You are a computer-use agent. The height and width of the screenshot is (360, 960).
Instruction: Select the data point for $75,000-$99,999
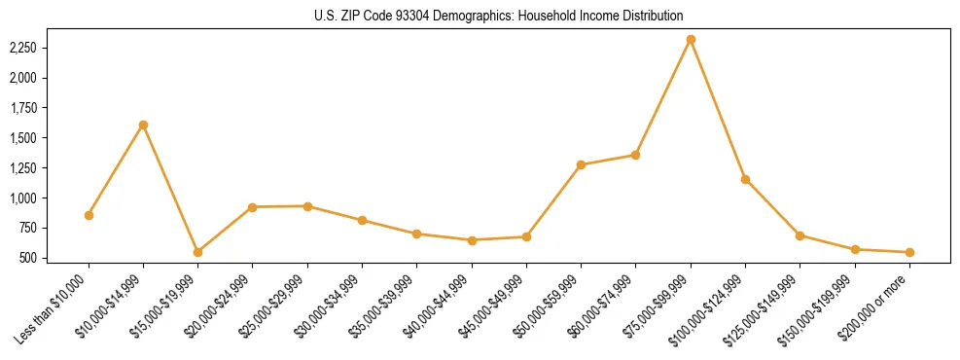click(x=691, y=40)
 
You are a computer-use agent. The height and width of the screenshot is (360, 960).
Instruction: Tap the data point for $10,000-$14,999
click(x=143, y=125)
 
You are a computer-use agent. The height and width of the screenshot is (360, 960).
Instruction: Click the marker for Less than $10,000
click(x=89, y=215)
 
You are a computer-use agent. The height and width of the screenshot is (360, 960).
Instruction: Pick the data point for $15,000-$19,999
click(x=197, y=252)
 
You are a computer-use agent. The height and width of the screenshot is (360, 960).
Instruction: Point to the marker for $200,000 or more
click(x=909, y=252)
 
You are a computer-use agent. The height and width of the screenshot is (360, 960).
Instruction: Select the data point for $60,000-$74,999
click(x=635, y=155)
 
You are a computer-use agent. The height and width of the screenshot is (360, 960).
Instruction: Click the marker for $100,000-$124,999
click(x=745, y=179)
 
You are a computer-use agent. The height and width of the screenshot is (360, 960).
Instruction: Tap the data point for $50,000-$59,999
click(x=581, y=164)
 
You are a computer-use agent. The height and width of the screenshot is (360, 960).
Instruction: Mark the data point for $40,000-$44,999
click(x=472, y=240)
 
